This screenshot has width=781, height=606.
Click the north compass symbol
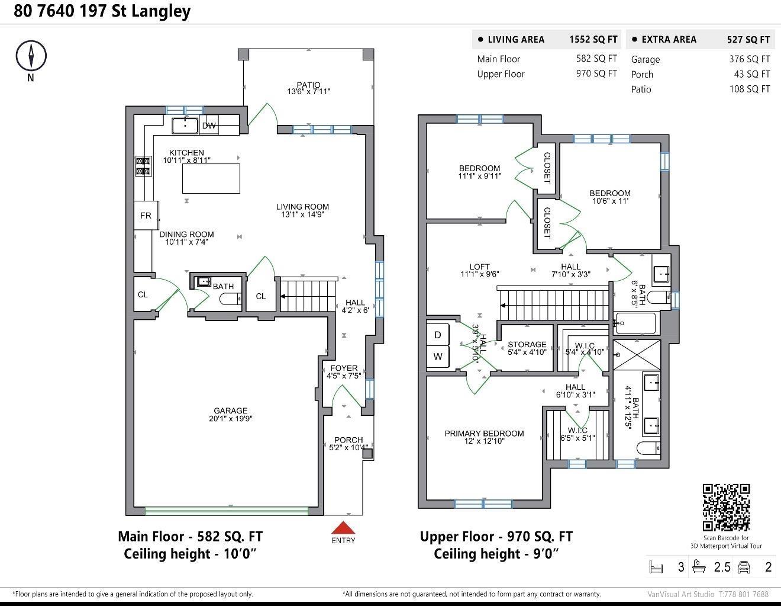[x=30, y=56]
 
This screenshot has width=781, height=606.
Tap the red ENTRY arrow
[x=343, y=528]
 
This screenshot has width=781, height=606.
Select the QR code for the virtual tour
[x=726, y=507]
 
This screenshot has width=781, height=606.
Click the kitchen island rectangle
[x=211, y=178]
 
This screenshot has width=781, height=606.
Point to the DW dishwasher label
[x=209, y=126]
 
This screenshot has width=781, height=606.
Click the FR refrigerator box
[x=146, y=216]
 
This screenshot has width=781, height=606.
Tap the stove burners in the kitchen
[x=143, y=166]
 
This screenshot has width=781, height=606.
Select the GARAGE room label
[x=230, y=411]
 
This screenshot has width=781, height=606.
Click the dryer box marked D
[x=438, y=335]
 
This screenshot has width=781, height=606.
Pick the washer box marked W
[x=438, y=357]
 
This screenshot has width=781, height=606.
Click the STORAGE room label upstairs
[x=527, y=344]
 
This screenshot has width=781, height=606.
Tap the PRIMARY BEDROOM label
[x=484, y=434]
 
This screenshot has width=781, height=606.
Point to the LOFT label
[x=479, y=267]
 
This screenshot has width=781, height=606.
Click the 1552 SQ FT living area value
[x=593, y=39]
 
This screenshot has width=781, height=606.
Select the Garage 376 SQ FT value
[x=749, y=59]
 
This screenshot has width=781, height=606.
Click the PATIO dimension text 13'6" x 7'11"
[x=308, y=92]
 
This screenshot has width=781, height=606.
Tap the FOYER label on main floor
[x=344, y=368]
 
